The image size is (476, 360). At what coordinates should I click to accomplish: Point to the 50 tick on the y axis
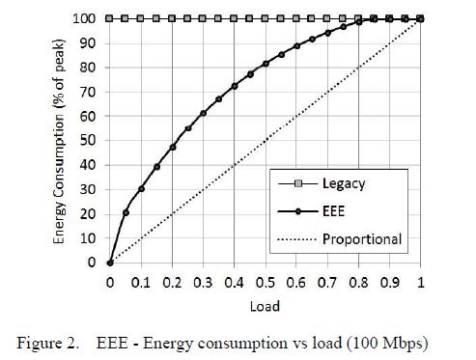(90, 140)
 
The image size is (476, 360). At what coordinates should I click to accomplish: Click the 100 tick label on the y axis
(86, 18)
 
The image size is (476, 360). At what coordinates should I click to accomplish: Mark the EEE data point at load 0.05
(126, 212)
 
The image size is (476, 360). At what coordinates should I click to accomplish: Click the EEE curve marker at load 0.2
(173, 147)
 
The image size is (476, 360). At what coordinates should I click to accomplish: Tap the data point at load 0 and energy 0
(110, 262)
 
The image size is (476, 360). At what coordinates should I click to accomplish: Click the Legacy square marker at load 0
(110, 18)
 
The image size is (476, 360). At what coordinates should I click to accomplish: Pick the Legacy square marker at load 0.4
(235, 18)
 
